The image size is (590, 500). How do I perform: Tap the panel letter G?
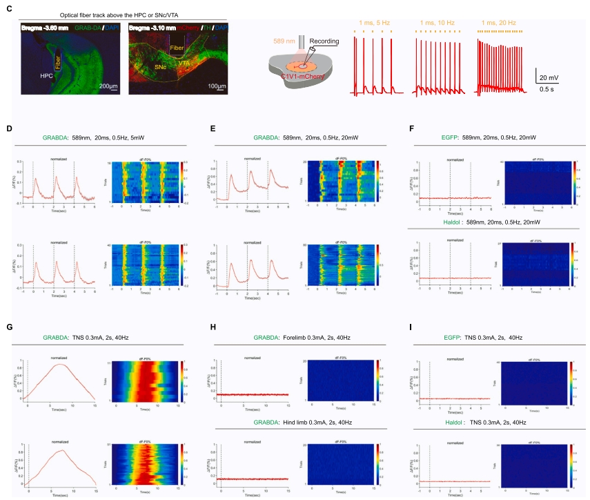tap(9, 328)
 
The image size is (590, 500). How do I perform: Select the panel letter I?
tap(411, 328)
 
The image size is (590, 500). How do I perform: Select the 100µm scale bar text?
tap(218, 86)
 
